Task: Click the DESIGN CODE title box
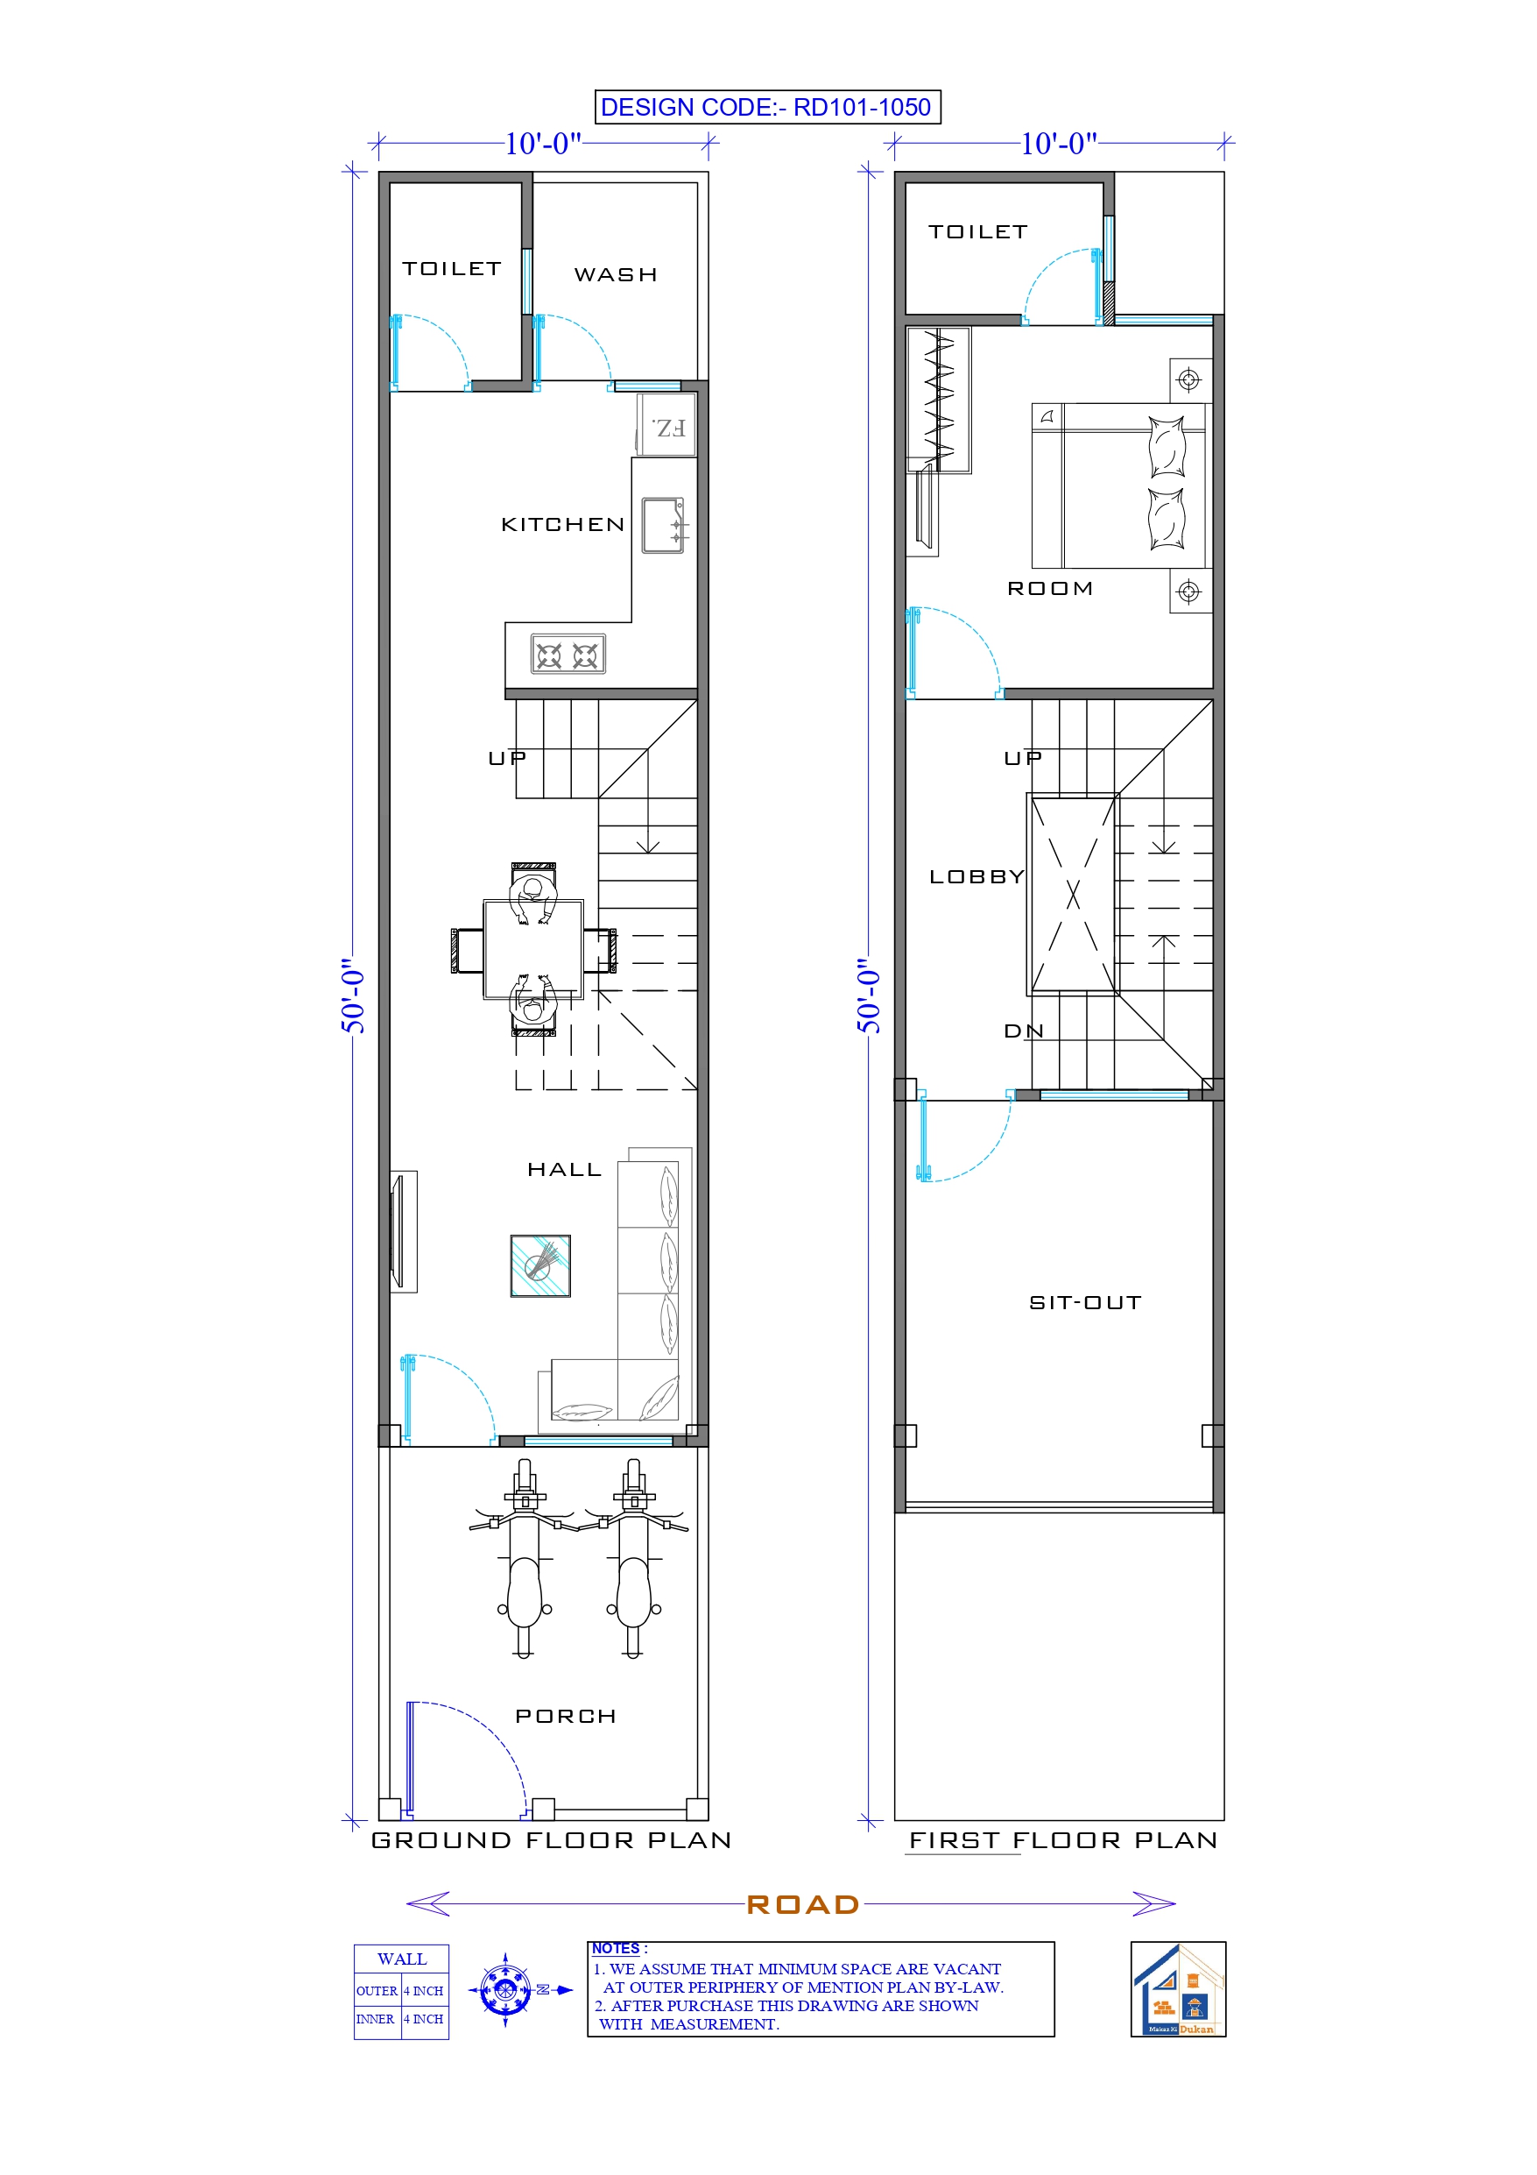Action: click(766, 107)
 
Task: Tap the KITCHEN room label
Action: click(562, 525)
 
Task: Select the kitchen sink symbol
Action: click(663, 525)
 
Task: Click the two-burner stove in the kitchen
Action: click(568, 655)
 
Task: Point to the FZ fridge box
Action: click(668, 429)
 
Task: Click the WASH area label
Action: click(616, 274)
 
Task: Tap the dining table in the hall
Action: click(533, 949)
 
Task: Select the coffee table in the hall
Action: click(539, 1265)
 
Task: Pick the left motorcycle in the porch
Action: click(525, 1558)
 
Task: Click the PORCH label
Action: click(566, 1717)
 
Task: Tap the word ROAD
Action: click(802, 1904)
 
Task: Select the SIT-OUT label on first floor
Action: click(1085, 1302)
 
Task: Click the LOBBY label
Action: click(976, 877)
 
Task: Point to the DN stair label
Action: click(1023, 1031)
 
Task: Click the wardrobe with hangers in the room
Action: click(939, 400)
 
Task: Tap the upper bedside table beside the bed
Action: click(1189, 379)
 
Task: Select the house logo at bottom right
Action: click(1177, 1989)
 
